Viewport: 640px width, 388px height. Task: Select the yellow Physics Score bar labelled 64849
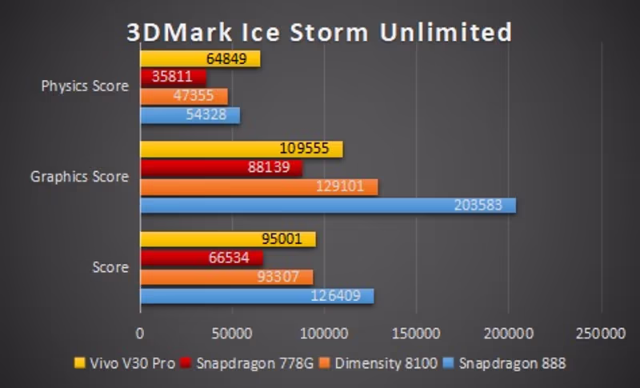[200, 58]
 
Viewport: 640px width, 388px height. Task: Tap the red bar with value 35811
[173, 78]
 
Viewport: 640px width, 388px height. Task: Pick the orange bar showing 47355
[184, 96]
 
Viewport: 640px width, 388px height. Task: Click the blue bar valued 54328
[190, 115]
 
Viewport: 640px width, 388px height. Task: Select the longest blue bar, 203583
[328, 205]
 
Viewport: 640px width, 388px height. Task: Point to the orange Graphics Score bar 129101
[259, 186]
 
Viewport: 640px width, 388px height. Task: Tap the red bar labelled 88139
[221, 168]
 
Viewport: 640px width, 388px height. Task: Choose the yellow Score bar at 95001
[228, 239]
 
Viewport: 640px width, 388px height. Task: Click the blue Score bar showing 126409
[257, 295]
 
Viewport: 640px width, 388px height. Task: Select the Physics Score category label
[85, 86]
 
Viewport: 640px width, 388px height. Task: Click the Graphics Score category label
[79, 177]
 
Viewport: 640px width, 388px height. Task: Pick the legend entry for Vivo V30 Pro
[124, 364]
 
